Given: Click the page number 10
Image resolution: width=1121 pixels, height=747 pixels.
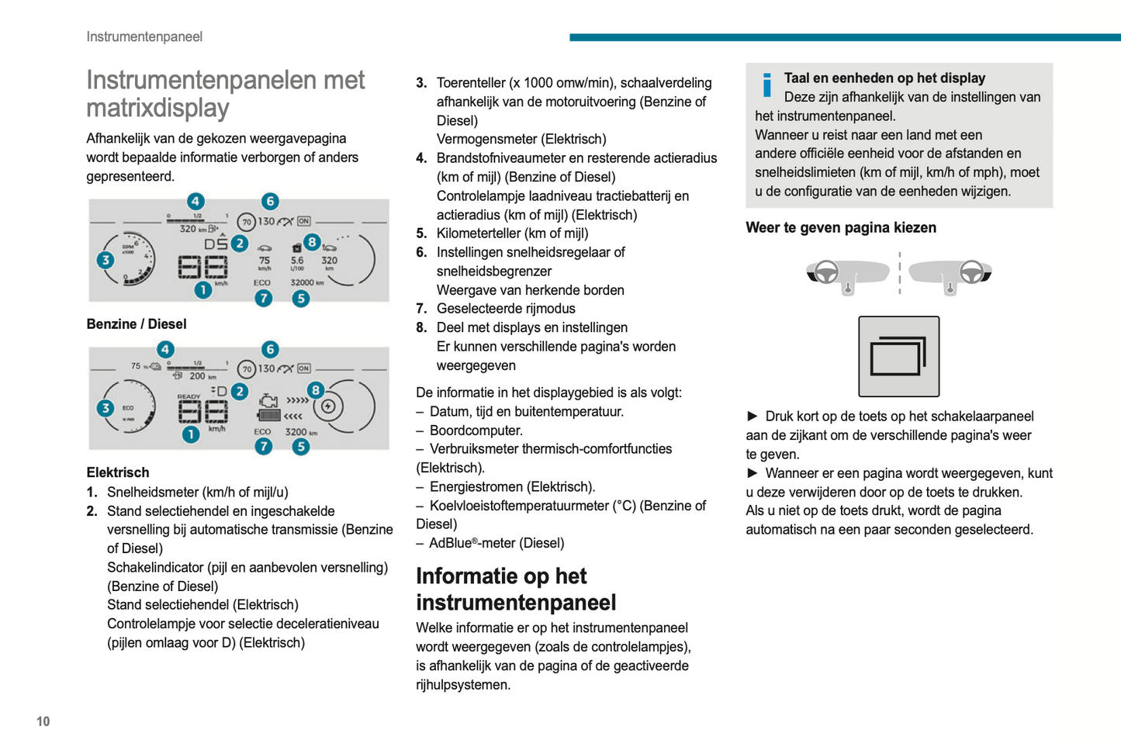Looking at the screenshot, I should tap(43, 721).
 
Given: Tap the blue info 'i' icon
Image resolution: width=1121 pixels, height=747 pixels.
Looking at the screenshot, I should tap(767, 85).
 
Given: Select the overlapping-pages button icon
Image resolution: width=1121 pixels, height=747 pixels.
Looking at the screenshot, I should tap(898, 357).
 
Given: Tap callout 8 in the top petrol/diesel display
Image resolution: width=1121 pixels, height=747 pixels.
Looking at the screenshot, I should tap(312, 243).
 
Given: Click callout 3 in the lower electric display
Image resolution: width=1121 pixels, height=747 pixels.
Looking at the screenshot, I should tap(106, 408).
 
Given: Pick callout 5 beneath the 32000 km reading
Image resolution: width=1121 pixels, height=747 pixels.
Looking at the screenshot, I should tap(301, 299).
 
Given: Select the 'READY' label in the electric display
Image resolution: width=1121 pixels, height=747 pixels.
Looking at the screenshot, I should tap(189, 396).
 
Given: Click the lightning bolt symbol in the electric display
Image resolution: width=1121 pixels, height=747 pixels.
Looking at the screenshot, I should tap(328, 406).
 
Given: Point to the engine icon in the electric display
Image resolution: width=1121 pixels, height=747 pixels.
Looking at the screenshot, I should tap(268, 401).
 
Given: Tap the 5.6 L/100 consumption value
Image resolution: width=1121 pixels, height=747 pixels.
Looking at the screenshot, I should tap(297, 261).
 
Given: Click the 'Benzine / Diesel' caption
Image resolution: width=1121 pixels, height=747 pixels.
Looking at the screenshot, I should tap(137, 324).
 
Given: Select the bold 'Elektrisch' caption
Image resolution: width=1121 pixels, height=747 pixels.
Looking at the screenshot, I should tap(118, 472).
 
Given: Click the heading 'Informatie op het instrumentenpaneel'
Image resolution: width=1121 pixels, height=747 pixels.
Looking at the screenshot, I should tap(516, 589).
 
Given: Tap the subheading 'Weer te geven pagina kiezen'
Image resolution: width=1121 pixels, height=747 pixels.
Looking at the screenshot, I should tap(841, 228).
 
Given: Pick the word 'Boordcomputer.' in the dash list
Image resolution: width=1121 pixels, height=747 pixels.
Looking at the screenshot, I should tap(476, 431).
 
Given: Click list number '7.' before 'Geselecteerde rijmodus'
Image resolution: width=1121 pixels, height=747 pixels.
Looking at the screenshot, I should tap(421, 309).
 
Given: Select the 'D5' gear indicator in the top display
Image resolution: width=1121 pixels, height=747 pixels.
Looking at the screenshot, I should tap(216, 244).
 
